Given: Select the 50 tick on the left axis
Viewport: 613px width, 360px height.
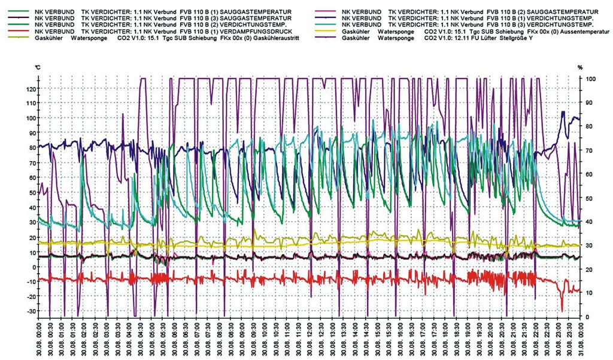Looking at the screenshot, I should click(x=31, y=192).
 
